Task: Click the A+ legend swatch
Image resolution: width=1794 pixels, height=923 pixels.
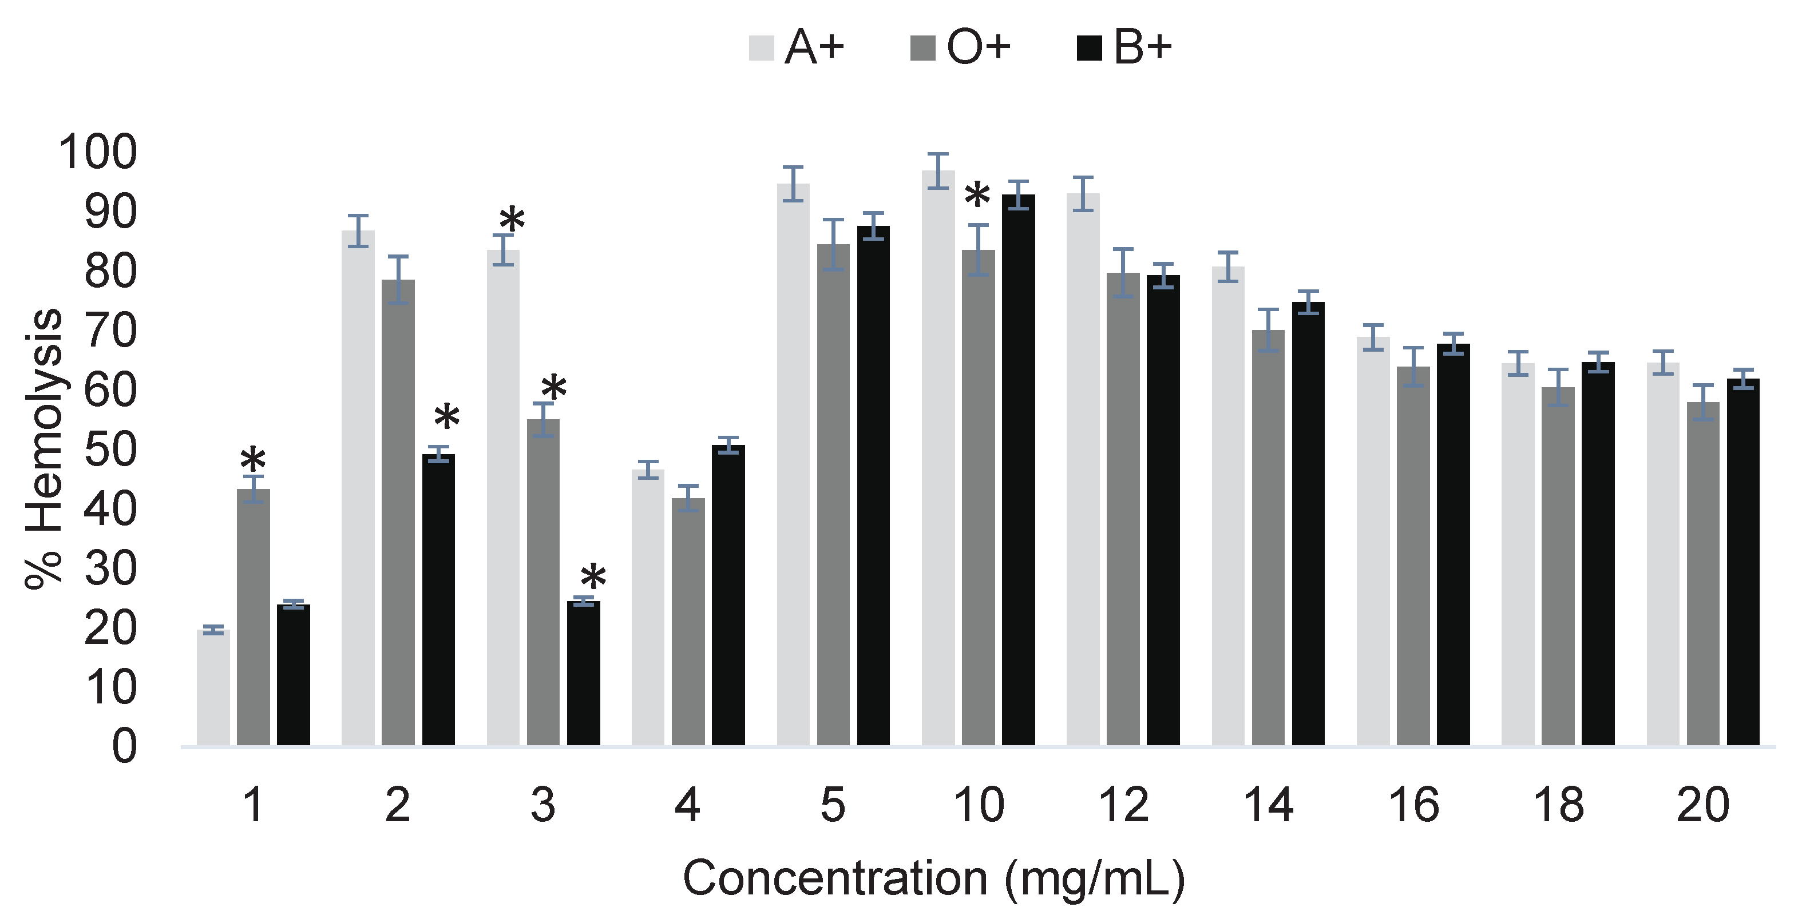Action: coord(761,48)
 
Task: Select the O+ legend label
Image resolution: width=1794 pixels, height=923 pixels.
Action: coord(979,48)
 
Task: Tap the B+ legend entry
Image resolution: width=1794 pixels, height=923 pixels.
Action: coord(1142,48)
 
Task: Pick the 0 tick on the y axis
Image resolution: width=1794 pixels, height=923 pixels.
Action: coord(124,747)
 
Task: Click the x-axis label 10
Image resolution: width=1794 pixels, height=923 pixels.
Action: coord(979,805)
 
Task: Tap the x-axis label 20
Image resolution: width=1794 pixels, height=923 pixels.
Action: coord(1703,805)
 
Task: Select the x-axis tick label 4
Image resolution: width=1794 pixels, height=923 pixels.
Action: coord(687,805)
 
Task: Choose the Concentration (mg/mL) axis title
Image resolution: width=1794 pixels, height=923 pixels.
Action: coord(933,878)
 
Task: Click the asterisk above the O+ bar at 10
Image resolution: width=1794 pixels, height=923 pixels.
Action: coord(977,196)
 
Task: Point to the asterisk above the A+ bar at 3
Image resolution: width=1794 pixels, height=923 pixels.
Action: coord(512,220)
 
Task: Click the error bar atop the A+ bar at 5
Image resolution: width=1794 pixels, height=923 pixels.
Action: coord(793,184)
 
